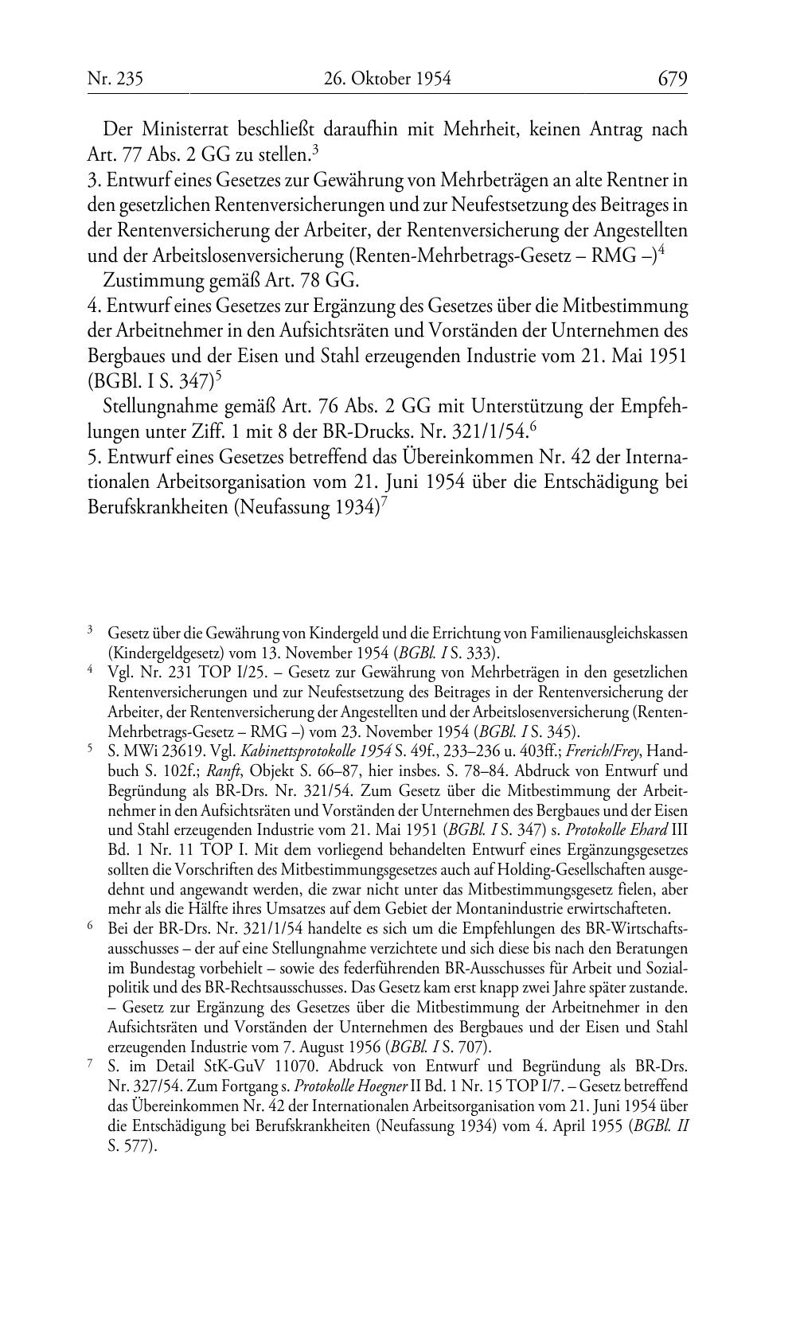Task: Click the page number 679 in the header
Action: coord(672,79)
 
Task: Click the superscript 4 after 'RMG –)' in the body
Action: coord(661,251)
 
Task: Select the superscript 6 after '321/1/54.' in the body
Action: coord(533,427)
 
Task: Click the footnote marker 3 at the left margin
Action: coord(91,631)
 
